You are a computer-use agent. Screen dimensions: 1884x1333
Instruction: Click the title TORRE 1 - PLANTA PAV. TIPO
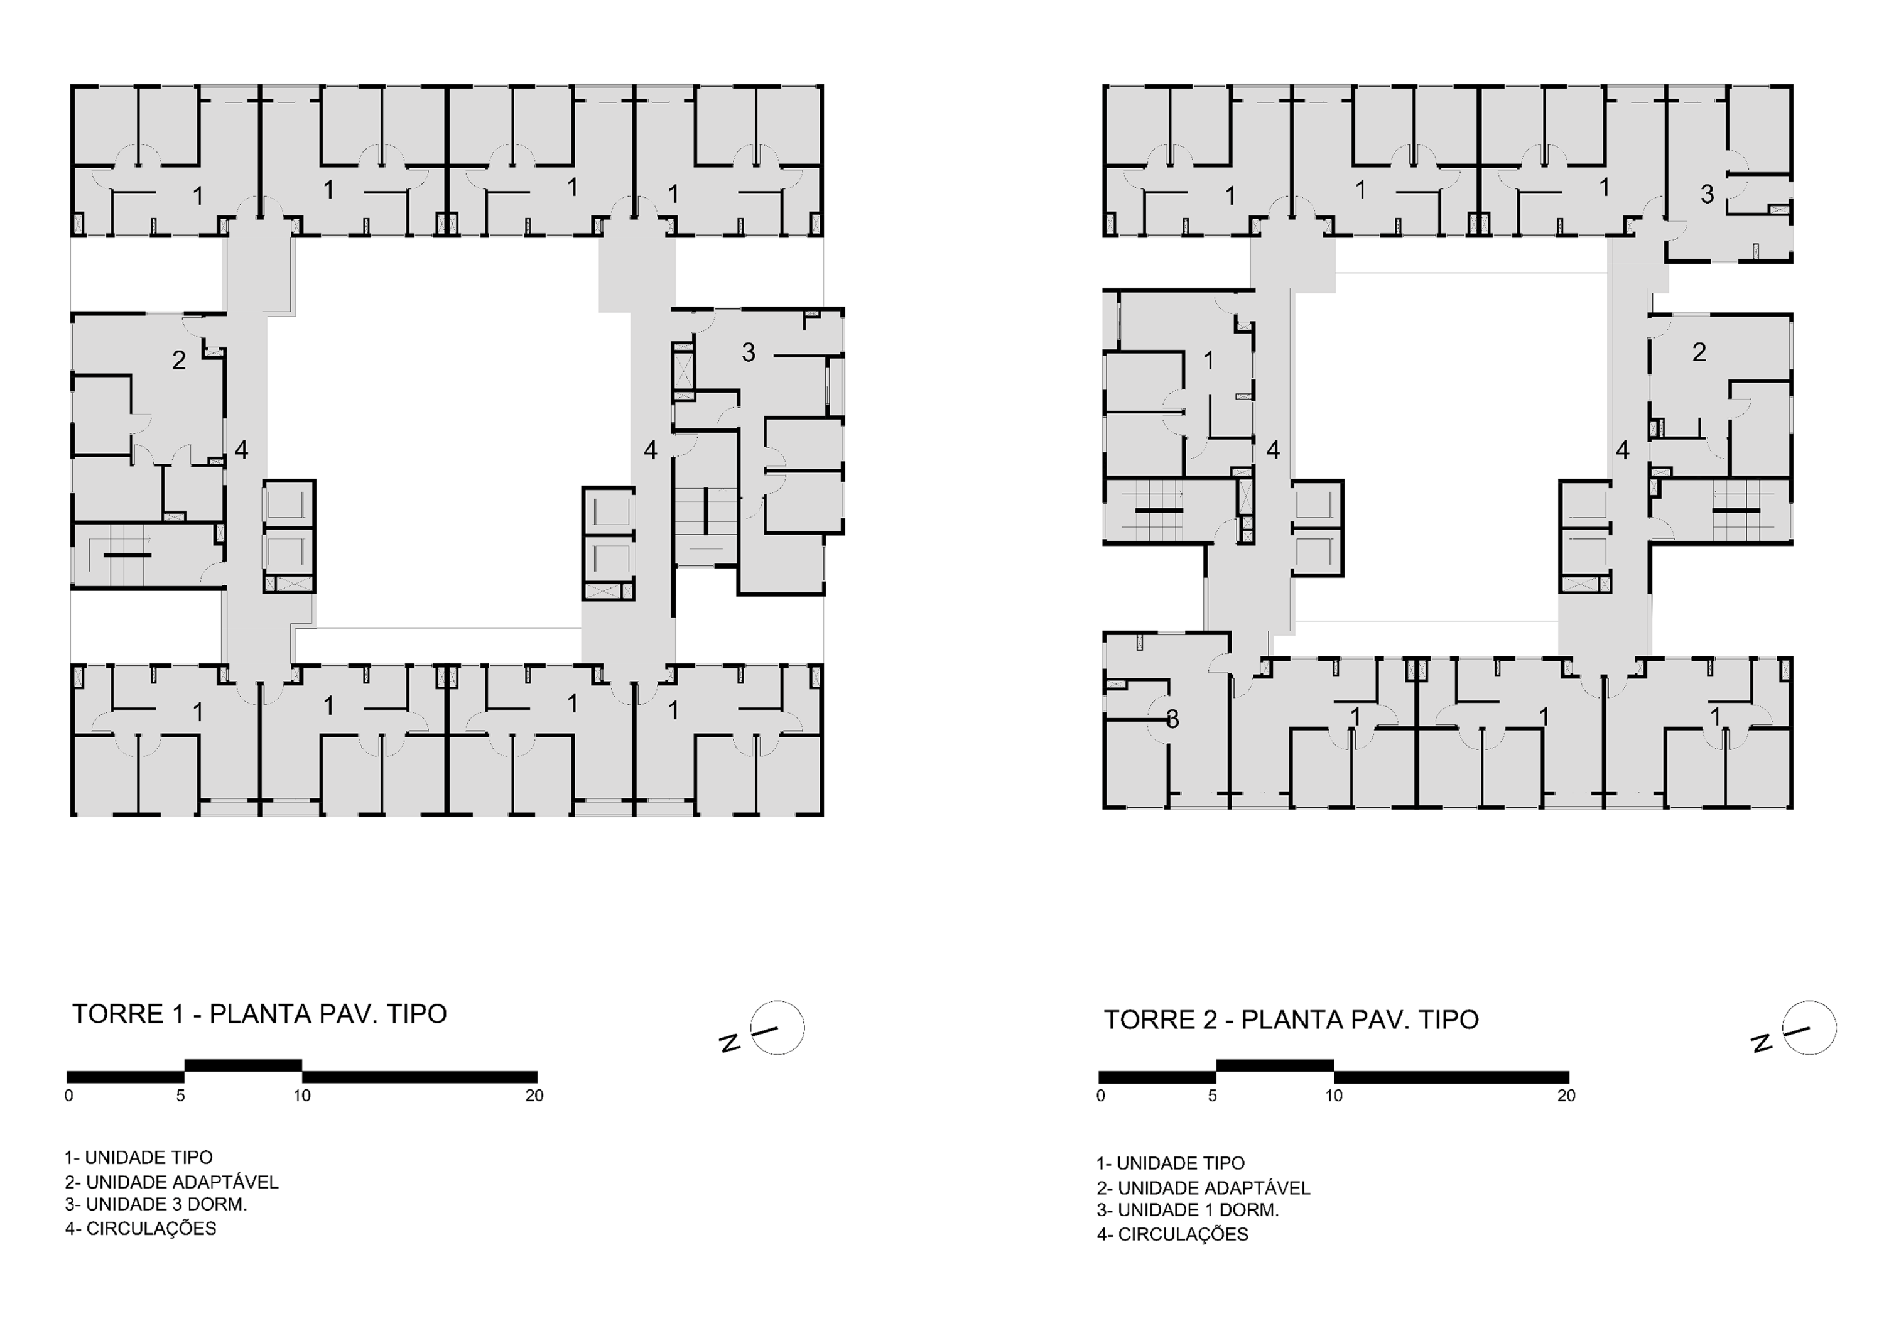(259, 1015)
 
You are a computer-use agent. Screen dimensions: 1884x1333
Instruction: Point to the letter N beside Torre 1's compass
(730, 1043)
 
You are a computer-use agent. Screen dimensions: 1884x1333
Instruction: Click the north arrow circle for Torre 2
(1809, 1028)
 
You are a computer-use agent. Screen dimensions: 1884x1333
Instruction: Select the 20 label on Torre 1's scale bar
(534, 1096)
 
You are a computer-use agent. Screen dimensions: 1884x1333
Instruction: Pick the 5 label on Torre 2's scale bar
(1213, 1096)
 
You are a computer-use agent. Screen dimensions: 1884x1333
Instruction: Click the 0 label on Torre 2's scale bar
(1100, 1096)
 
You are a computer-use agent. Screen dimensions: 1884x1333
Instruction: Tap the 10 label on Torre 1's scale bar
(302, 1096)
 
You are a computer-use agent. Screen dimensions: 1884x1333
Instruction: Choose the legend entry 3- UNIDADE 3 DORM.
(156, 1204)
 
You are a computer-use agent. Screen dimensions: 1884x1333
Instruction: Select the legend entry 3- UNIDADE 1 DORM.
(1188, 1210)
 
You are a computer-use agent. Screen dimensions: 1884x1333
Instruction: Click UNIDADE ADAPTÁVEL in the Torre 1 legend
(182, 1182)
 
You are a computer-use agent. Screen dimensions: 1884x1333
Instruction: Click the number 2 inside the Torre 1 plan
(179, 359)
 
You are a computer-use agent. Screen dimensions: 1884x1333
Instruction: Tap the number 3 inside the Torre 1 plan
(749, 352)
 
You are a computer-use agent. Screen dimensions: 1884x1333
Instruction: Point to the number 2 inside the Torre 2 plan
(1699, 352)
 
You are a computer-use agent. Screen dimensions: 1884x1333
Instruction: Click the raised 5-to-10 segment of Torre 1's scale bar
(243, 1065)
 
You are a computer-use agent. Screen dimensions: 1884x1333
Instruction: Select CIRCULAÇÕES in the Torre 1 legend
(151, 1228)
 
